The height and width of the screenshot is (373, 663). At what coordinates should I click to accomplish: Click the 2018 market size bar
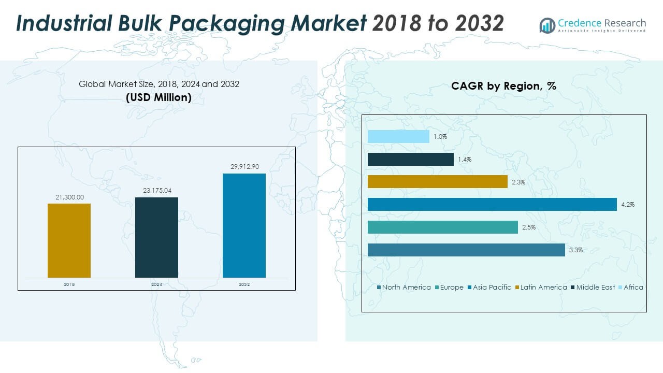pyautogui.click(x=69, y=240)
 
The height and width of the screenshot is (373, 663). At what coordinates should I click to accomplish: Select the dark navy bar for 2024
pyautogui.click(x=156, y=237)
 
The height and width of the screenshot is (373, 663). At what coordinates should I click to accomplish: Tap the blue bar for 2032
pyautogui.click(x=244, y=225)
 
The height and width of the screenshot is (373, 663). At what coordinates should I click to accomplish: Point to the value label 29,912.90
pyautogui.click(x=244, y=166)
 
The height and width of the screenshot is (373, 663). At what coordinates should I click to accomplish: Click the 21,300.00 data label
pyautogui.click(x=69, y=197)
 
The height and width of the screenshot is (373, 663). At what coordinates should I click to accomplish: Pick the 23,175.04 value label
pyautogui.click(x=157, y=191)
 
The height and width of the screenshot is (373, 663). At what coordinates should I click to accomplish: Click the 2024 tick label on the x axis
pyautogui.click(x=157, y=284)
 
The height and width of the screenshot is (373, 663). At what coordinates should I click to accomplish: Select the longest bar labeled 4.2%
pyautogui.click(x=492, y=204)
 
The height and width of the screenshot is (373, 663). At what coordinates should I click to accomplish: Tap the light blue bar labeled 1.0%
pyautogui.click(x=398, y=136)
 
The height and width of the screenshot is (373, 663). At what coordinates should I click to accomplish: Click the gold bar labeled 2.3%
pyautogui.click(x=437, y=181)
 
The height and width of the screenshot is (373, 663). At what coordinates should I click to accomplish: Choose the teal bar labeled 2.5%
pyautogui.click(x=442, y=227)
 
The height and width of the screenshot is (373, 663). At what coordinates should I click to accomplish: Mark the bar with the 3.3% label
pyautogui.click(x=466, y=250)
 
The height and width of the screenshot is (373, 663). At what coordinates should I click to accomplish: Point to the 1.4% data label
pyautogui.click(x=465, y=160)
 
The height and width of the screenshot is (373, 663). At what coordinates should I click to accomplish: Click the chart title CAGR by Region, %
pyautogui.click(x=503, y=86)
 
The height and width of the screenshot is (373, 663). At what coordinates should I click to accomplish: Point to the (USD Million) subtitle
pyautogui.click(x=158, y=97)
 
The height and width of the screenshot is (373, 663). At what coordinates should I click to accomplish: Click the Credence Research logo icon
pyautogui.click(x=547, y=25)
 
